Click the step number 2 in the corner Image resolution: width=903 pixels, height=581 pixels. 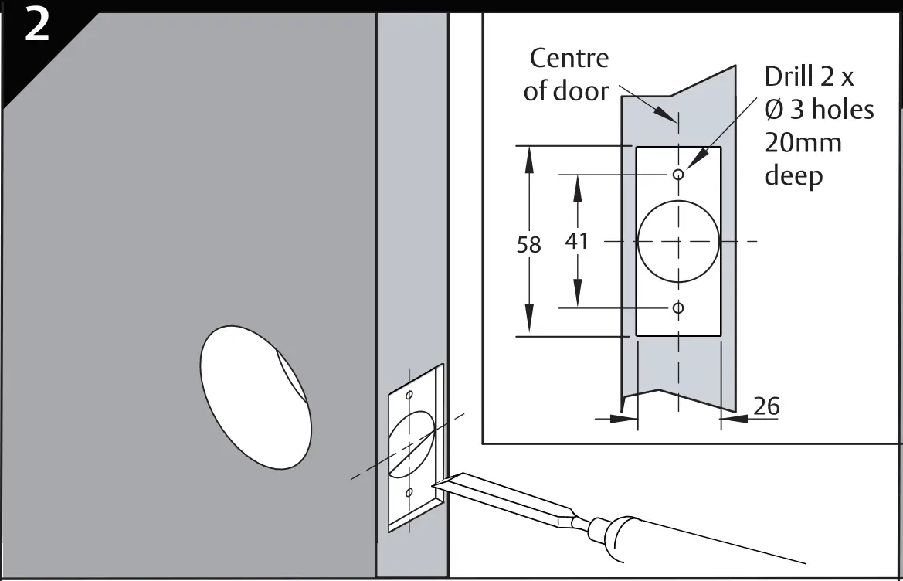pyautogui.click(x=37, y=29)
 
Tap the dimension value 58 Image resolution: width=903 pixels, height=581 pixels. pyautogui.click(x=528, y=244)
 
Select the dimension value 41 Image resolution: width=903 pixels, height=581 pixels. pyautogui.click(x=577, y=241)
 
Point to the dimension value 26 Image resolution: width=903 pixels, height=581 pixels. pyautogui.click(x=766, y=406)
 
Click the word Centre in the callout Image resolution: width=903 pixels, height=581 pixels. pyautogui.click(x=569, y=58)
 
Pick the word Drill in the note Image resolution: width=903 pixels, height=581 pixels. pyautogui.click(x=789, y=76)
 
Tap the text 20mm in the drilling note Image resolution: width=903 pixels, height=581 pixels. pyautogui.click(x=803, y=143)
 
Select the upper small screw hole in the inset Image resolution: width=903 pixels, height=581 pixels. pyautogui.click(x=678, y=175)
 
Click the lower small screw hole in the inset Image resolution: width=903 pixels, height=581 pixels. pyautogui.click(x=678, y=307)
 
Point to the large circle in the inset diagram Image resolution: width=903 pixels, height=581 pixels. pyautogui.click(x=678, y=241)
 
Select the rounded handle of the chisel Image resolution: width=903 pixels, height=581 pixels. pyautogui.click(x=618, y=537)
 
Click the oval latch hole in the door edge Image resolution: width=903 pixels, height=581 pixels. pyautogui.click(x=410, y=443)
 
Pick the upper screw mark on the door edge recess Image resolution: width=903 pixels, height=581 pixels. pyautogui.click(x=409, y=395)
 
